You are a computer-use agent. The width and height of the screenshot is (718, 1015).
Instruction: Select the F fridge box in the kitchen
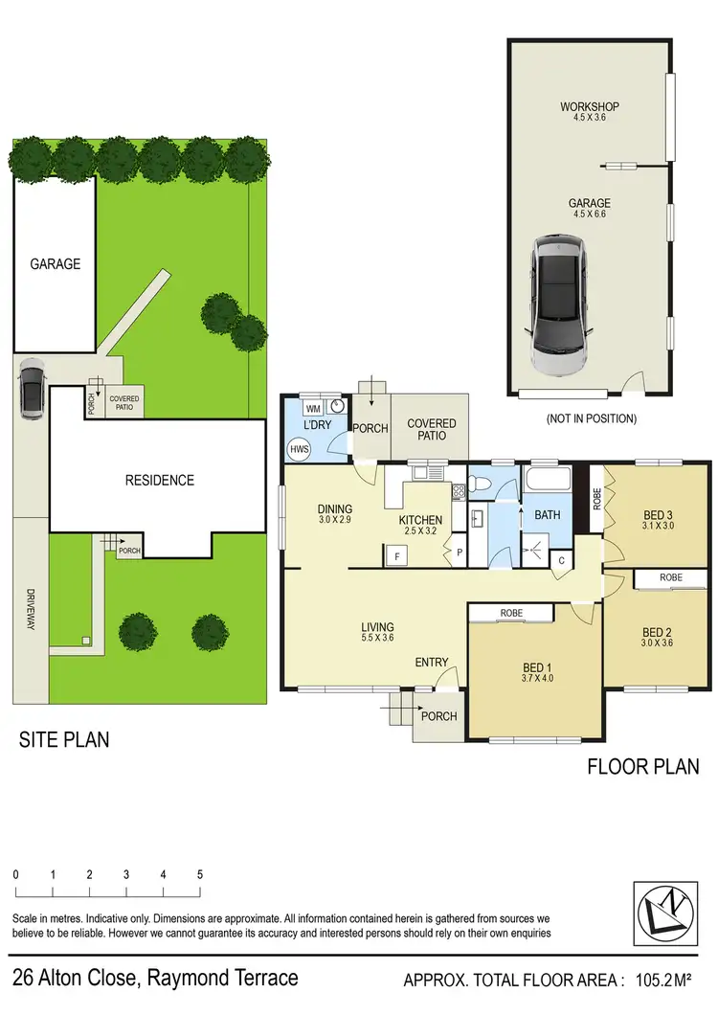[x=395, y=553]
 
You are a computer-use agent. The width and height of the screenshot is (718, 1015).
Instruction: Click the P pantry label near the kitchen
[x=459, y=552]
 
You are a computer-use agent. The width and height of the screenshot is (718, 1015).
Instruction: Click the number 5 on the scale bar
[x=199, y=874]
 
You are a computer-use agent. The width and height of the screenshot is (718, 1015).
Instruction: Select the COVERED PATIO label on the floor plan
[x=432, y=429]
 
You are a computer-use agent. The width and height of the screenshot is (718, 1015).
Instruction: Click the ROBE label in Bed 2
[x=670, y=577]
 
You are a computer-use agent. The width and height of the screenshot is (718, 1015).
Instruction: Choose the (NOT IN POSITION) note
[x=591, y=418]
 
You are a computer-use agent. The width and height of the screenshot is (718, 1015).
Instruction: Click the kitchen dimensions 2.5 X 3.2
[x=420, y=530]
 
